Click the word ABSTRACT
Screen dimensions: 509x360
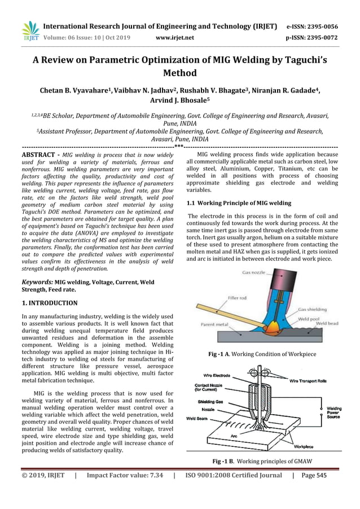click(x=38, y=154)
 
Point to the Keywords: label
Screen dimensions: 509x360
click(x=37, y=282)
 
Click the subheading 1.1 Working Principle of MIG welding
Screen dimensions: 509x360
click(x=239, y=203)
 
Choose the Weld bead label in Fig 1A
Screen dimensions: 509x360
click(x=327, y=323)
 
